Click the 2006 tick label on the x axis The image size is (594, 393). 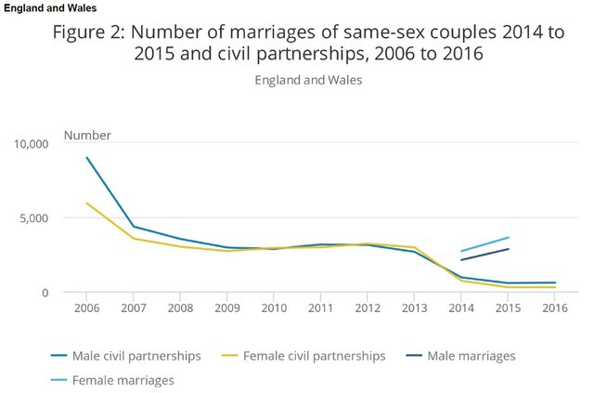(x=87, y=308)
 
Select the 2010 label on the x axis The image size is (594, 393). (x=274, y=308)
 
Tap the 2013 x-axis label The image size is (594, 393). (x=414, y=308)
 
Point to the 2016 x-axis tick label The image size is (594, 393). (x=554, y=308)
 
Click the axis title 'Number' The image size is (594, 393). (x=87, y=136)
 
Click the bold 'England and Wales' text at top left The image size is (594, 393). (x=51, y=8)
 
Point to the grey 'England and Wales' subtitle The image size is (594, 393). (x=308, y=79)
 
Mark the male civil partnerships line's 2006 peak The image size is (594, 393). (x=87, y=158)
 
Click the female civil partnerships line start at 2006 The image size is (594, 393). (x=87, y=203)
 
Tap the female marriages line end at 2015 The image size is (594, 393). (x=508, y=238)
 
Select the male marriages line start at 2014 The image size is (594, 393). (x=461, y=260)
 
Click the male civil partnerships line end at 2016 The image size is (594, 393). (x=554, y=282)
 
